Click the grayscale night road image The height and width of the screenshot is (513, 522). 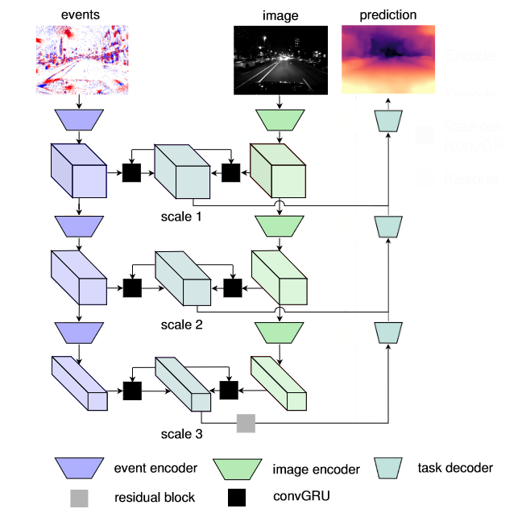click(280, 59)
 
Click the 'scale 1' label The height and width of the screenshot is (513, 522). click(182, 217)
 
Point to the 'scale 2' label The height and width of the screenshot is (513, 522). click(182, 325)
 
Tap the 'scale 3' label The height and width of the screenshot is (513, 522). click(182, 434)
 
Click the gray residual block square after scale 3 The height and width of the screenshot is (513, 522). click(246, 423)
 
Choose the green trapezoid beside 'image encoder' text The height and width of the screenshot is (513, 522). click(240, 467)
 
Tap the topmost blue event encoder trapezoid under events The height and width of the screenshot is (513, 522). click(78, 120)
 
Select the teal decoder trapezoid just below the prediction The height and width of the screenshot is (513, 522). click(387, 120)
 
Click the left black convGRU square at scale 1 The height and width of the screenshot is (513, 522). click(131, 172)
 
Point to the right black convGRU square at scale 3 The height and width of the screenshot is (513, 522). click(230, 391)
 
